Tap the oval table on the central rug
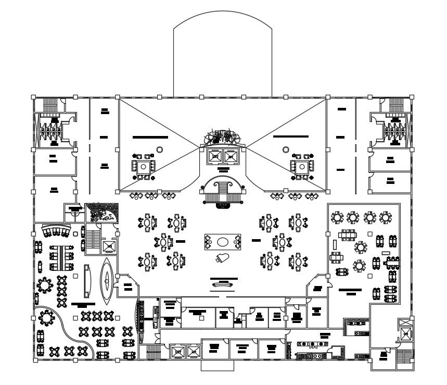[x=222, y=242]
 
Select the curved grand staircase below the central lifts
[x=223, y=190]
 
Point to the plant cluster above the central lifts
[x=223, y=138]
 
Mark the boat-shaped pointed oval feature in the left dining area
[x=107, y=281]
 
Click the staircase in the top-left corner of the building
[x=51, y=105]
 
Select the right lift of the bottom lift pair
[x=193, y=353]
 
